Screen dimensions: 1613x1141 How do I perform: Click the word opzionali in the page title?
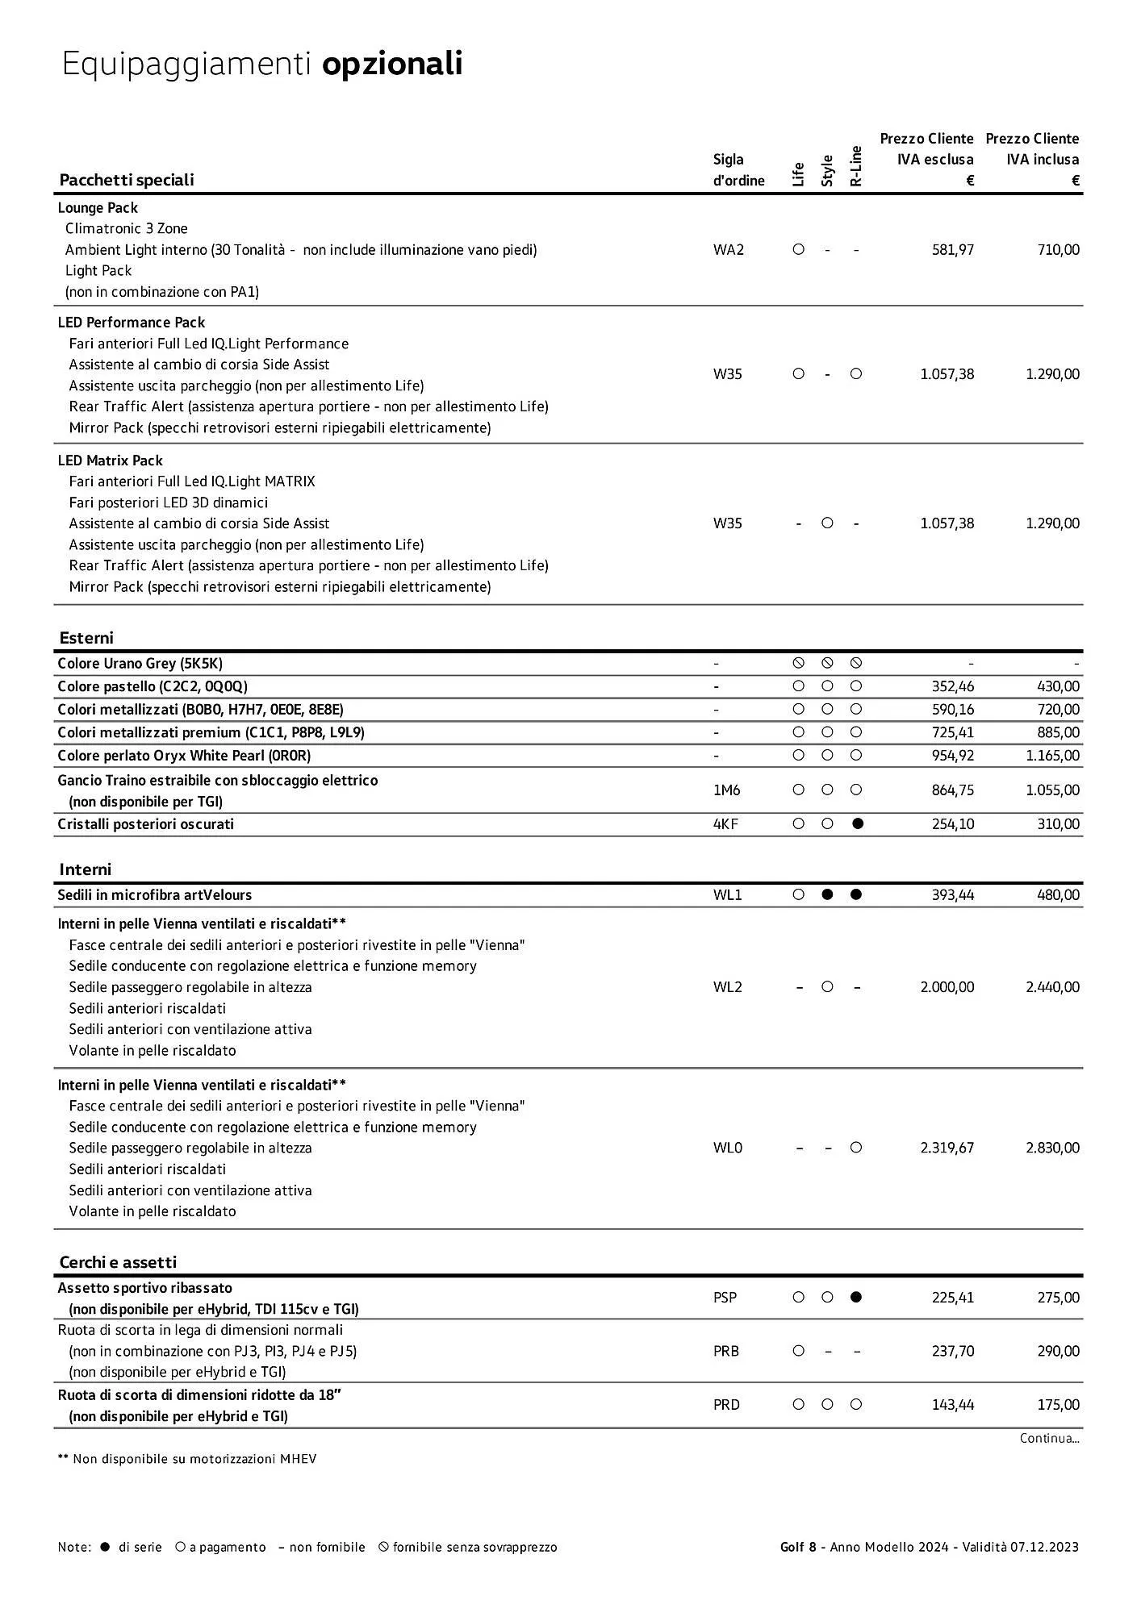[x=392, y=64]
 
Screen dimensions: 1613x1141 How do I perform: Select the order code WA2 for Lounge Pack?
[x=728, y=250]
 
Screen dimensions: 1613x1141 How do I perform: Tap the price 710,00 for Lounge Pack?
[x=1058, y=250]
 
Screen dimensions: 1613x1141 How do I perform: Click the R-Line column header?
[x=856, y=167]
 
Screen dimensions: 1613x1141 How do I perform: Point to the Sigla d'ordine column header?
[x=738, y=170]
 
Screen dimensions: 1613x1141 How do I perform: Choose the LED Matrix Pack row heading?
[x=110, y=461]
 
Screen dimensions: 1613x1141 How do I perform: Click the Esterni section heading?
[x=86, y=638]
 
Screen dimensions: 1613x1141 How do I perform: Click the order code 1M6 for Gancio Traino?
[x=726, y=790]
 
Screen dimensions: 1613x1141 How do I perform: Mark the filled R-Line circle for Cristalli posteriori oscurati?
[x=857, y=823]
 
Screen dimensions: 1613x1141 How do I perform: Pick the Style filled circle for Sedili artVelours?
[x=827, y=894]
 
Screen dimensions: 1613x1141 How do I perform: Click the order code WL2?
[x=727, y=987]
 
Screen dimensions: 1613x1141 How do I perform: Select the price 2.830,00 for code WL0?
[x=1052, y=1148]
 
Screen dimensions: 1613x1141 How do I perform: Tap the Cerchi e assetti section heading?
[x=118, y=1262]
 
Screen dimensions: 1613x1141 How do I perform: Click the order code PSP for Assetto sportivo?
[x=725, y=1298]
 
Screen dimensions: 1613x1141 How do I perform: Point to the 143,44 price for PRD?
[x=952, y=1405]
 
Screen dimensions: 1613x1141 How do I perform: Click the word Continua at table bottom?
[x=1048, y=1438]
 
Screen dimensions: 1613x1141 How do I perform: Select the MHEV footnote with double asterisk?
[x=187, y=1459]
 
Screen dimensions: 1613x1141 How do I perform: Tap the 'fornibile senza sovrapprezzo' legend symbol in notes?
[x=384, y=1547]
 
